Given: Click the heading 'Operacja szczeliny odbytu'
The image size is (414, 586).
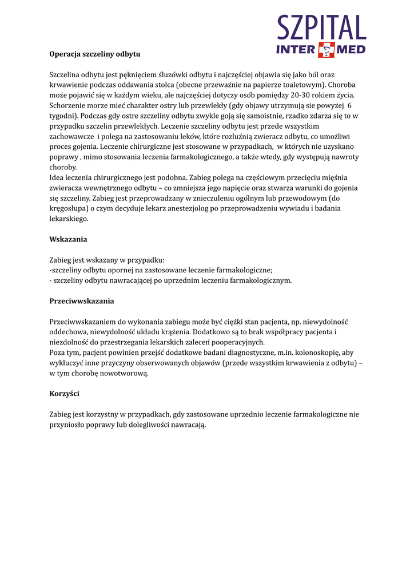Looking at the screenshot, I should pyautogui.click(x=95, y=54).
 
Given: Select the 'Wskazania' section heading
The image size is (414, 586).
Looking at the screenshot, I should pyautogui.click(x=68, y=239).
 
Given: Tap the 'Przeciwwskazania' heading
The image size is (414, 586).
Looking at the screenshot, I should pyautogui.click(x=82, y=300).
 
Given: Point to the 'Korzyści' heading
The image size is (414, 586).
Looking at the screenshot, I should pyautogui.click(x=65, y=393).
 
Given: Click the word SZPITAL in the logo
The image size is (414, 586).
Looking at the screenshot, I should pyautogui.click(x=321, y=28).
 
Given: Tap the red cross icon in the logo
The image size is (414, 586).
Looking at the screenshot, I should pyautogui.click(x=327, y=50).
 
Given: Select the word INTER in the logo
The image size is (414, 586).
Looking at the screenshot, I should pyautogui.click(x=296, y=50).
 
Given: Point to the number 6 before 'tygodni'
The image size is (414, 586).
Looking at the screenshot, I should pyautogui.click(x=349, y=105).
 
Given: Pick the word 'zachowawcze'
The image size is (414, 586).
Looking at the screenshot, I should pyautogui.click(x=71, y=136).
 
